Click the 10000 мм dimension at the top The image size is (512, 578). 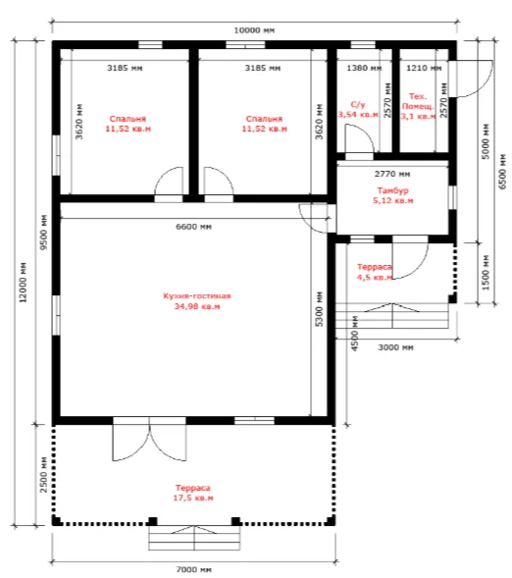tap(254, 30)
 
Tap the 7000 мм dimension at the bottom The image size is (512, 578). tap(194, 569)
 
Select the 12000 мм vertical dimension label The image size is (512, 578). tap(23, 283)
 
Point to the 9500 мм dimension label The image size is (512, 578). tap(44, 233)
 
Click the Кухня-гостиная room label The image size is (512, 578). tap(197, 296)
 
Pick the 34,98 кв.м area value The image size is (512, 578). tap(197, 306)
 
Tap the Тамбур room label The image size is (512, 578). tap(392, 190)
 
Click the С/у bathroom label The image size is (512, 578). tap(358, 105)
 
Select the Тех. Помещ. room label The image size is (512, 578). tap(418, 101)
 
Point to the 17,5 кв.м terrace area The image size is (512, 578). tap(193, 498)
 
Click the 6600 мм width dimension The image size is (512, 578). tap(194, 227)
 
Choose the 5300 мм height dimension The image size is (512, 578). tap(319, 309)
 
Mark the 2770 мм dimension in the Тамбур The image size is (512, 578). tap(392, 174)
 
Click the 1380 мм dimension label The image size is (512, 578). tap(364, 68)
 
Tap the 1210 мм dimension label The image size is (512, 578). tap(424, 68)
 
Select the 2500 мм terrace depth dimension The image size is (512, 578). tap(43, 475)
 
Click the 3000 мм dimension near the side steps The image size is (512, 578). tap(395, 347)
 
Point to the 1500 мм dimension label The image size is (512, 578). tap(486, 273)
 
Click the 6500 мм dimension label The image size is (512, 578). tap(502, 172)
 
